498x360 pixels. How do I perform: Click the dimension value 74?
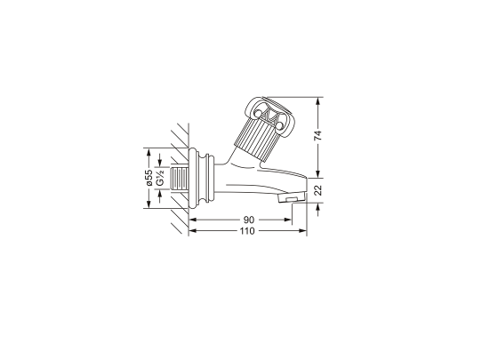click(x=317, y=135)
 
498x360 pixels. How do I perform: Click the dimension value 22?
click(x=317, y=188)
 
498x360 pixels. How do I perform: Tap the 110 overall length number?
click(x=247, y=231)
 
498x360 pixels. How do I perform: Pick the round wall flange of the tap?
click(x=206, y=178)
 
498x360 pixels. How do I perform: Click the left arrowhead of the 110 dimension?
click(x=191, y=231)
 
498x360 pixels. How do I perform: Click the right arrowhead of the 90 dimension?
click(x=290, y=219)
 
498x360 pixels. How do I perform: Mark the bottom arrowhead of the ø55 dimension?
click(x=149, y=206)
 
